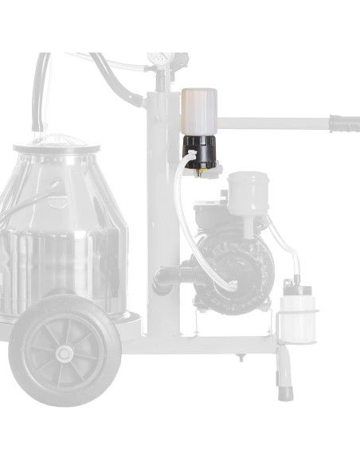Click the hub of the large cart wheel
64,351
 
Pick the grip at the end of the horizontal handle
345,123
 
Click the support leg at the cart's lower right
284,374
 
